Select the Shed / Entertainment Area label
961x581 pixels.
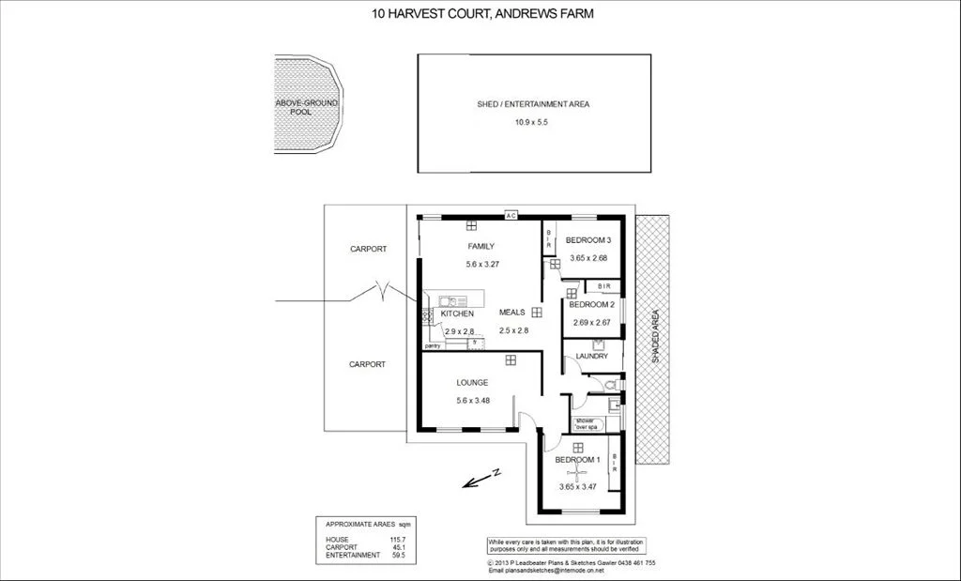pyautogui.click(x=533, y=105)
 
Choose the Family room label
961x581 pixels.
pyautogui.click(x=480, y=247)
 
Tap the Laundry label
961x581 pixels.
pyautogui.click(x=592, y=357)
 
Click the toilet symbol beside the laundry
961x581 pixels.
pyautogui.click(x=611, y=385)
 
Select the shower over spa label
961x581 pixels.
pyautogui.click(x=586, y=423)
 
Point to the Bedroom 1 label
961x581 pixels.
pyautogui.click(x=576, y=460)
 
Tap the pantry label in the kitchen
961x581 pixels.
pyautogui.click(x=433, y=346)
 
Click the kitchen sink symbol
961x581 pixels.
pyautogui.click(x=451, y=301)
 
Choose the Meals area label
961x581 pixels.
pyautogui.click(x=511, y=312)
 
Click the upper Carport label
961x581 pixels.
pyautogui.click(x=368, y=250)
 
